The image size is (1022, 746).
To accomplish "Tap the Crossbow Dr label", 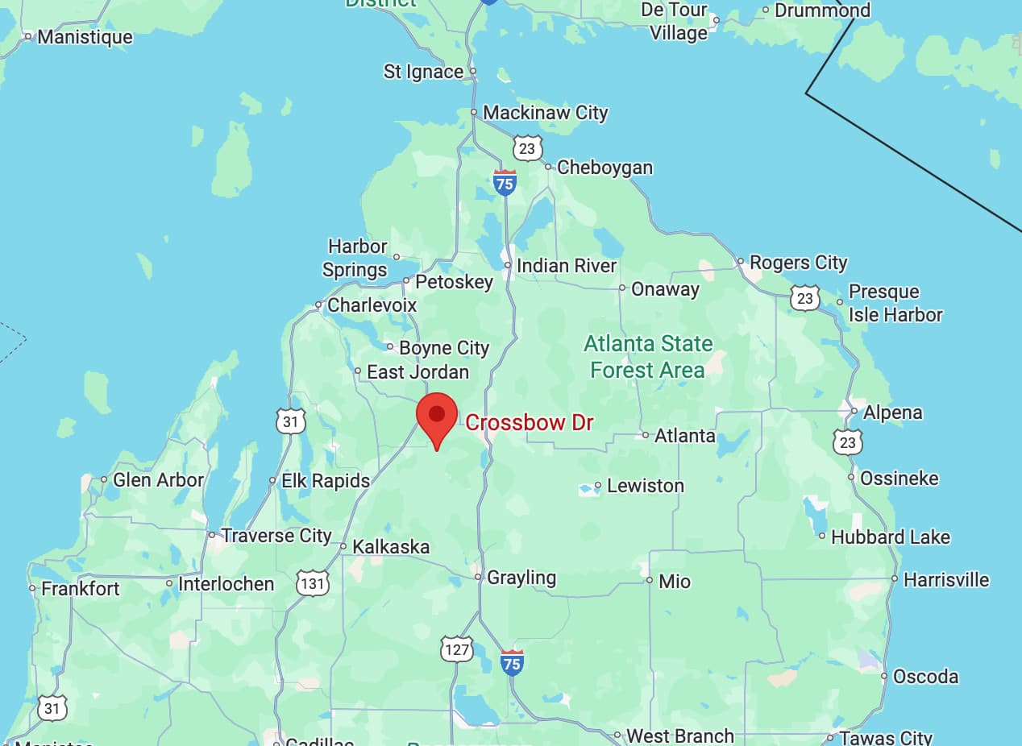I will [529, 422].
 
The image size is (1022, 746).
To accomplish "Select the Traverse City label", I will [276, 536].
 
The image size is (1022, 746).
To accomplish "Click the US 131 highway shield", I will [312, 582].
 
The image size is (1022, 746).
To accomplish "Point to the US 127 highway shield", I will [456, 649].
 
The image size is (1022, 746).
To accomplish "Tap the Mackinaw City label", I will [545, 113].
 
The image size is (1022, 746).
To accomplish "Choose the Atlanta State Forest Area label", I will [648, 357].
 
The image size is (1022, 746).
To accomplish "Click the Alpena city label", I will [892, 412].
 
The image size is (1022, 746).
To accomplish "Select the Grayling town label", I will [521, 578].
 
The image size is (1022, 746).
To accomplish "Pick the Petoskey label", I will [453, 282].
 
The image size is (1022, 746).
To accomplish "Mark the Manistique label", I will [85, 37].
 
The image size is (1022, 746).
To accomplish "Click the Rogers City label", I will [798, 263].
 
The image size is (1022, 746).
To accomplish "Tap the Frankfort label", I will [80, 589].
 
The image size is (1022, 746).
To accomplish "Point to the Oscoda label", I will [925, 677].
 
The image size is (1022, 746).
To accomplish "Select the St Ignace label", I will [423, 72].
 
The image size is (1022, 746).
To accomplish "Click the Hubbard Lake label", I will [890, 537].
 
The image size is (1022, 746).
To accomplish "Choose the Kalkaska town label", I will [391, 547].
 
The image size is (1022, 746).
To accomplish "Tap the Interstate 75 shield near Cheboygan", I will [505, 183].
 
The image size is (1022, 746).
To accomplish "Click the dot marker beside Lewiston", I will [598, 486].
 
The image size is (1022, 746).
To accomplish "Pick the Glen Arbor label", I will [158, 480].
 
